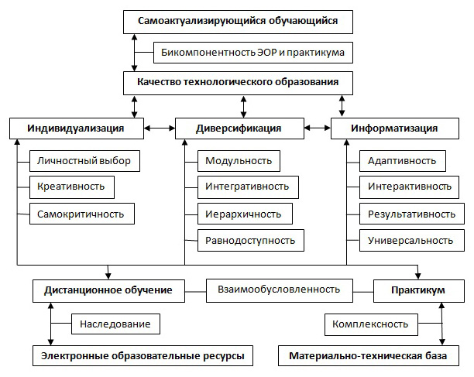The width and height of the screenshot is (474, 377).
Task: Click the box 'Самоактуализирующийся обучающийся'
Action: point(237,22)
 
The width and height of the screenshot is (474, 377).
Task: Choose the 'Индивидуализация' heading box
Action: point(77,128)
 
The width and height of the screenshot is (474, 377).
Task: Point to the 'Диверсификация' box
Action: point(239,128)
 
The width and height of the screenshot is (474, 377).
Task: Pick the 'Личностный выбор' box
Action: point(84,161)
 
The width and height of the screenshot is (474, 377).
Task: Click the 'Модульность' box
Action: point(239,161)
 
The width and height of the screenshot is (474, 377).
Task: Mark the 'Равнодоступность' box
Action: point(250,240)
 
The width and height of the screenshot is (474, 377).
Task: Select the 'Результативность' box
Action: point(411,213)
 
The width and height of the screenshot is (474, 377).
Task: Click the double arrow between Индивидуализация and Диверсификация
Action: point(160,128)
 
